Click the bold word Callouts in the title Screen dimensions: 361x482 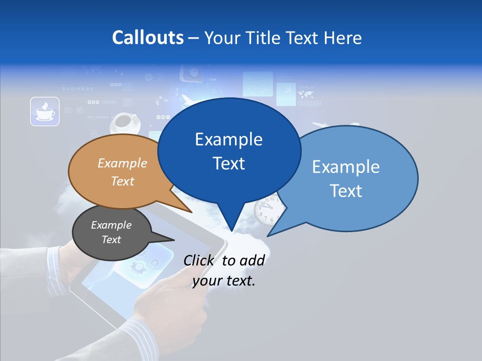tap(148, 38)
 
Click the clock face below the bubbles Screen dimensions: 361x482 tap(265, 211)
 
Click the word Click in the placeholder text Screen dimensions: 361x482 tap(198, 260)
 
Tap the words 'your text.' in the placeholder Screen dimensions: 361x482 tap(224, 281)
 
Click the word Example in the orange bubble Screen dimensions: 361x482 tap(122, 163)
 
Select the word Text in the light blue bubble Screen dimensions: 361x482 tap(346, 191)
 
